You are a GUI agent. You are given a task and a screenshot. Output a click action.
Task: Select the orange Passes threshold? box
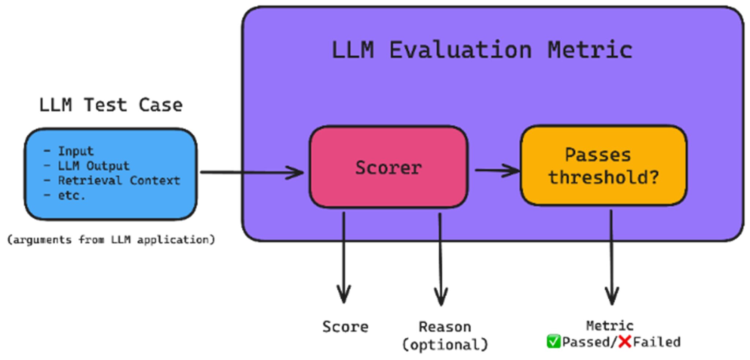point(603,166)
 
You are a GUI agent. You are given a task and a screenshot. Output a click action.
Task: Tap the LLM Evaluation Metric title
point(482,50)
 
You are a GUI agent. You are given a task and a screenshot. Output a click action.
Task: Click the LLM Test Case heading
point(111,105)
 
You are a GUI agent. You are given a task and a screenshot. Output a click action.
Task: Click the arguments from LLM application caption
point(111,240)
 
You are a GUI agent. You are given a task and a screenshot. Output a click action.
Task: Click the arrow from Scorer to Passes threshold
point(497,170)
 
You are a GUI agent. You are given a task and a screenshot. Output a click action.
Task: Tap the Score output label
point(345,327)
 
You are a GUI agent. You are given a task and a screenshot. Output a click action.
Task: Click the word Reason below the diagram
point(445,327)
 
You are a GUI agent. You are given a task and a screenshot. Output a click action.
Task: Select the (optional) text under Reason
point(445,345)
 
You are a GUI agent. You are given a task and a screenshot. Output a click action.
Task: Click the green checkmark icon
point(553,342)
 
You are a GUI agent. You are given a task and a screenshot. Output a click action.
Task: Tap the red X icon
point(624,342)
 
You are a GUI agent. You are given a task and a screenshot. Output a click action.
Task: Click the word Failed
point(657,342)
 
